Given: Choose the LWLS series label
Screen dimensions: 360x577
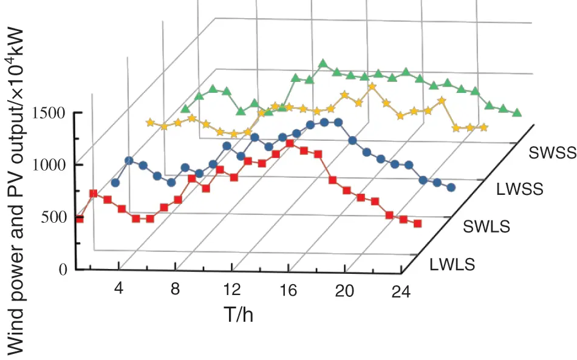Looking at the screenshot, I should point(452,265).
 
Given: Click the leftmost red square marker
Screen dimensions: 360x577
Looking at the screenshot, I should point(80,219).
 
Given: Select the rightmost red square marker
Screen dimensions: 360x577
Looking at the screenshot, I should point(418,224).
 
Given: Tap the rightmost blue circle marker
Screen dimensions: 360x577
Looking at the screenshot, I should point(451,188).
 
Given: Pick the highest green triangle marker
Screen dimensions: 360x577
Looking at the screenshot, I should point(323,63).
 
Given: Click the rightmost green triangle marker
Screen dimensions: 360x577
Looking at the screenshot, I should point(517,112).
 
